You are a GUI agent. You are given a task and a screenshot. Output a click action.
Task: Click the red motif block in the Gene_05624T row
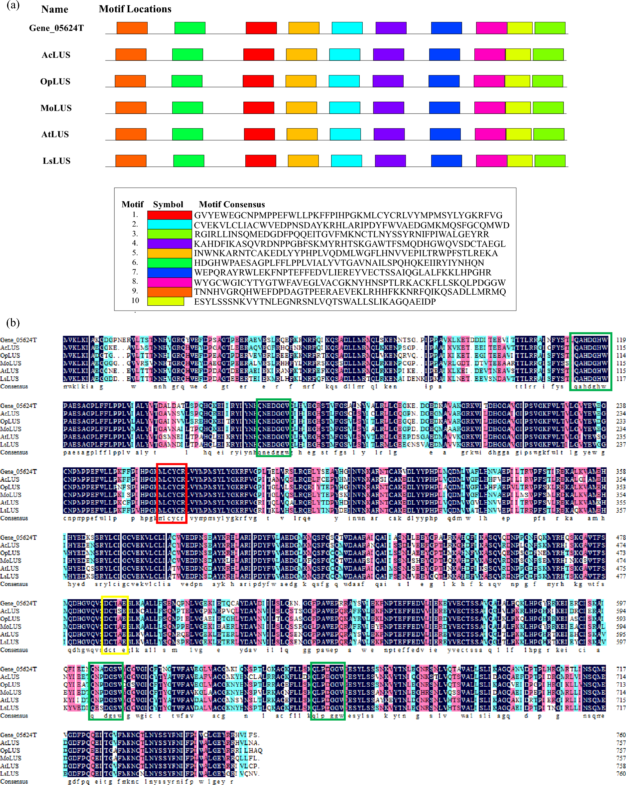pyautogui.click(x=261, y=28)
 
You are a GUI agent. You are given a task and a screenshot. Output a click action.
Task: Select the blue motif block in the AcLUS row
pyautogui.click(x=444, y=54)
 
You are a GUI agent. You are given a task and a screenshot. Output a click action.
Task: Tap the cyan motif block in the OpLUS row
pyautogui.click(x=344, y=81)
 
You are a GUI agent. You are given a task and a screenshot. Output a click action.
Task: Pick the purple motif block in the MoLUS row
pyautogui.click(x=388, y=107)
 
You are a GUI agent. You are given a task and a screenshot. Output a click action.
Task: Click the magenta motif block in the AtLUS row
pyautogui.click(x=490, y=134)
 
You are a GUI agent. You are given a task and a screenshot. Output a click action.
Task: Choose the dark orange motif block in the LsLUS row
pyautogui.click(x=131, y=160)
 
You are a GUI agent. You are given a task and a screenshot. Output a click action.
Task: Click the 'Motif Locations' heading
pyautogui.click(x=135, y=9)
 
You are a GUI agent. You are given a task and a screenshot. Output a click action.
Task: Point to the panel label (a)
pyautogui.click(x=13, y=5)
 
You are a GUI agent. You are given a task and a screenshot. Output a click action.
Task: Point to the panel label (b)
pyautogui.click(x=13, y=323)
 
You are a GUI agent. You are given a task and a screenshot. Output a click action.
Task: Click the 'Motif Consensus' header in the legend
pyautogui.click(x=232, y=204)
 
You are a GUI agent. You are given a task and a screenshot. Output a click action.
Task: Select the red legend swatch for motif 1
pyautogui.click(x=170, y=215)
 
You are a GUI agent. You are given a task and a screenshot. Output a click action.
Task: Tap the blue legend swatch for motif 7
pyautogui.click(x=170, y=272)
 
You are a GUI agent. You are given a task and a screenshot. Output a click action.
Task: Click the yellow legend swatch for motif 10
pyautogui.click(x=166, y=301)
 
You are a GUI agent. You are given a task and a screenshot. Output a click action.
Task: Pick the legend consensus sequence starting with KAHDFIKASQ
pyautogui.click(x=349, y=244)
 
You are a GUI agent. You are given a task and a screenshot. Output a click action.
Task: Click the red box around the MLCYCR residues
pyautogui.click(x=172, y=493)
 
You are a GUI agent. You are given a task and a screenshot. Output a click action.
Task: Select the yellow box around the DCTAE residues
pyautogui.click(x=115, y=625)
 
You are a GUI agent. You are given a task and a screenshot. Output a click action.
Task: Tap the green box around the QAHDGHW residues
pyautogui.click(x=590, y=361)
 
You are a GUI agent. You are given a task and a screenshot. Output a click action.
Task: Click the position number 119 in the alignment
pyautogui.click(x=621, y=340)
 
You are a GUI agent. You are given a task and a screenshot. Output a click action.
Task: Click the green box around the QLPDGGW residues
pyautogui.click(x=327, y=691)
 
